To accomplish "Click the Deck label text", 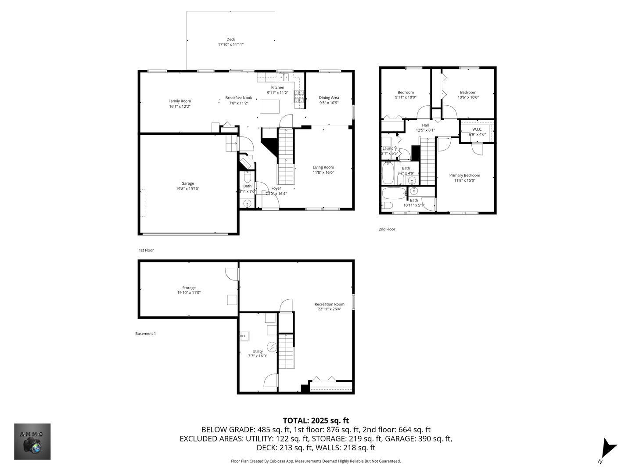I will coord(230,39).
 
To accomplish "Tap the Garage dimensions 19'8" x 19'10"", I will coord(187,189).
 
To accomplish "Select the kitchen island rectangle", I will coord(270,107).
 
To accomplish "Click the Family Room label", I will coord(180,101).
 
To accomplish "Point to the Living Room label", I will coord(323,167).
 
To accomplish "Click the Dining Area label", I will coord(329,97).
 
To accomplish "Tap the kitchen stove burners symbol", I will coord(299,97).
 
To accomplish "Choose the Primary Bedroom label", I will coord(464,175).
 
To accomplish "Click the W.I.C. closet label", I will coord(477,129).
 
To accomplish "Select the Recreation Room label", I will coord(329,304).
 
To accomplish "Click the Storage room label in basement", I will coord(189,288).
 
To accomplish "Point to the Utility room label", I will coord(258,351).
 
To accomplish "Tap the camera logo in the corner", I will coord(32,442).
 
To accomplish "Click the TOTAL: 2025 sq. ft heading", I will coord(316,420).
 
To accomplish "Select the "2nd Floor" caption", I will coord(387,229).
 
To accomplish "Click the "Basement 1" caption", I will coord(145,334).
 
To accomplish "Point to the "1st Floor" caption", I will coord(146,250).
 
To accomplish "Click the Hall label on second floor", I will coord(425,125).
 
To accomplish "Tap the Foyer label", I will coord(276,188).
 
